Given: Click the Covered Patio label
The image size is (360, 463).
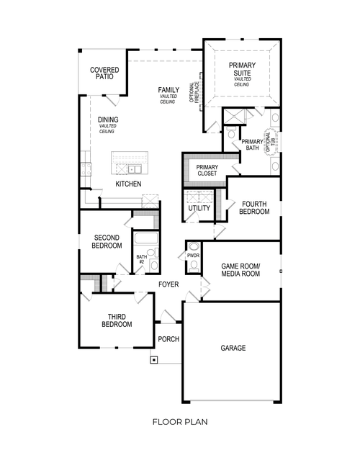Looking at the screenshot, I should pyautogui.click(x=104, y=74).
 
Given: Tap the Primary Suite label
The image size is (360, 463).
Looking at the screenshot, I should pyautogui.click(x=241, y=71).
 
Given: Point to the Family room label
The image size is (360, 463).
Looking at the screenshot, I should pyautogui.click(x=169, y=91).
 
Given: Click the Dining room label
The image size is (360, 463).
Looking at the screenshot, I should pyautogui.click(x=108, y=120).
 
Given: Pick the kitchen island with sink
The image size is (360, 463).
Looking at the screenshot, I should pyautogui.click(x=127, y=166).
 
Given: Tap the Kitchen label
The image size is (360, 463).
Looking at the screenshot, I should pyautogui.click(x=128, y=184).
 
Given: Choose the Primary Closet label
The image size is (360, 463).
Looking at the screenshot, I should pyautogui.click(x=207, y=171).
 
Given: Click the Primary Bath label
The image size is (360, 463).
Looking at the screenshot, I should pyautogui.click(x=251, y=145).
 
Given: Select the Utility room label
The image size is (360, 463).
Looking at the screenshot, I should pyautogui.click(x=199, y=209).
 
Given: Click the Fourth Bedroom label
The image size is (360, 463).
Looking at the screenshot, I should pyautogui.click(x=255, y=207).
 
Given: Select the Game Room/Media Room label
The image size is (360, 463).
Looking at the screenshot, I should pyautogui.click(x=241, y=270).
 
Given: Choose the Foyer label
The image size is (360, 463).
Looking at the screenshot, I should pyautogui.click(x=168, y=284).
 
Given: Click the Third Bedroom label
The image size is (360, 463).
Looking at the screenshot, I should pyautogui.click(x=116, y=320).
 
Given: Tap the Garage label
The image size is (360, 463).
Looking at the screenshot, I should pyautogui.click(x=233, y=348).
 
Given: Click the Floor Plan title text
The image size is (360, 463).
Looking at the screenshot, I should pyautogui.click(x=180, y=422).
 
